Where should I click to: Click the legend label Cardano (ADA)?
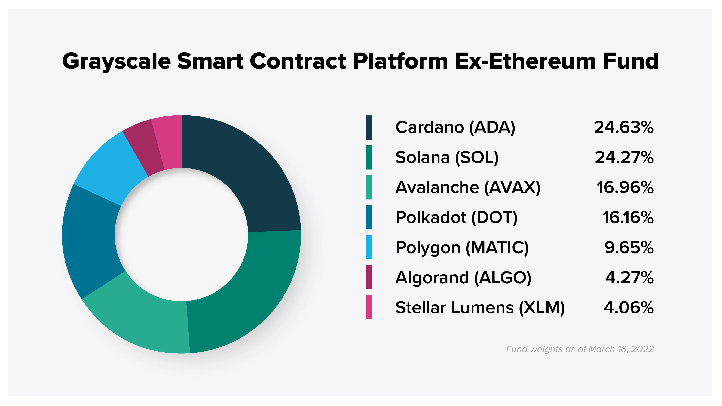point(455,127)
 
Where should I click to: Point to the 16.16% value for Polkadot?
point(628,217)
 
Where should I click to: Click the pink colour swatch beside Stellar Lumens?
point(369,307)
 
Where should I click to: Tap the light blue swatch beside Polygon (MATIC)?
point(369,247)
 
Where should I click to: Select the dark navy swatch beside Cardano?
point(369,127)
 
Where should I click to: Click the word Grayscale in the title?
point(116,61)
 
